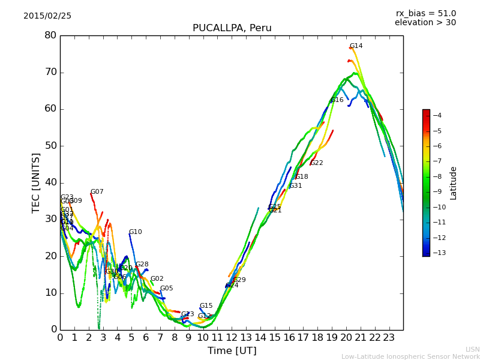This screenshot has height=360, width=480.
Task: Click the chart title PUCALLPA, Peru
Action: pos(232,28)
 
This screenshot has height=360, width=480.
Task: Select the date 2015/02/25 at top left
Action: pos(47,16)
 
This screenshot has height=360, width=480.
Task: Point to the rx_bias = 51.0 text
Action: pos(425,14)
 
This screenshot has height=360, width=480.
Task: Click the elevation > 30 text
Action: pos(425,23)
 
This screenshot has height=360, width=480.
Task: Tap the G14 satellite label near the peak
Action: pos(356,46)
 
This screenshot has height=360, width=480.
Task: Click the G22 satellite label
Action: pos(316,163)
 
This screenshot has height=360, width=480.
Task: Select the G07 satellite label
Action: pos(97,192)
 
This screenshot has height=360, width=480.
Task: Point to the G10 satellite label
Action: pos(136,232)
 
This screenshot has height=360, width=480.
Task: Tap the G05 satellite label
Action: pos(166,289)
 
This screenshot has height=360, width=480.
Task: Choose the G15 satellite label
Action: pos(206,306)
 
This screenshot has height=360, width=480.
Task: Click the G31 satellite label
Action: pos(296,186)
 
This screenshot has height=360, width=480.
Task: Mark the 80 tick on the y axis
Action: pos(50,35)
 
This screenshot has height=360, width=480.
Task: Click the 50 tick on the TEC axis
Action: pos(50,146)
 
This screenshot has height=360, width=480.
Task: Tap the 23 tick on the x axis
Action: pos(389,337)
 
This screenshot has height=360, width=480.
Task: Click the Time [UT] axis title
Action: pos(232,351)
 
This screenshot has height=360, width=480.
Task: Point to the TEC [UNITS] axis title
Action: pos(36,182)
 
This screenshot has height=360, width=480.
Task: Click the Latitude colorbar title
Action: pos(454,182)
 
